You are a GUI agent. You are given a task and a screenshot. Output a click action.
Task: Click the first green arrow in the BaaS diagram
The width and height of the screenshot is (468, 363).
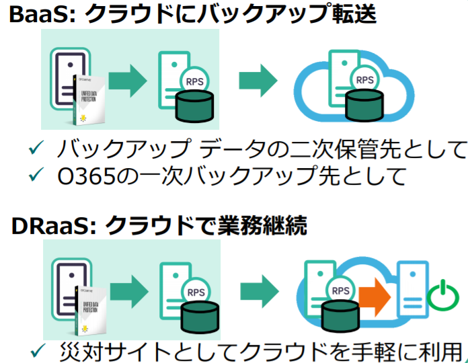(127, 80)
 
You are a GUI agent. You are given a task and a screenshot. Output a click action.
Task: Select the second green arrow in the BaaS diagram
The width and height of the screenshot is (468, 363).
(259, 80)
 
